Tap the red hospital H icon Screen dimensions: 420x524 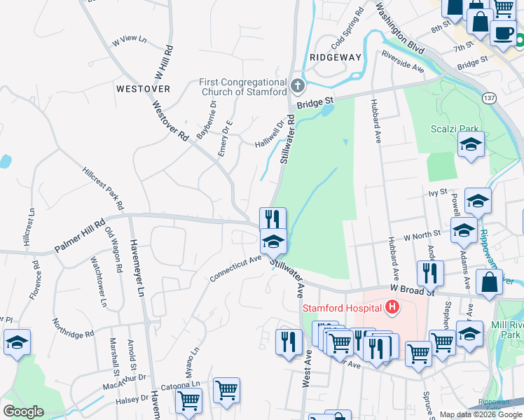(x=392, y=307)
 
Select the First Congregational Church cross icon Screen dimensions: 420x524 (x=298, y=86)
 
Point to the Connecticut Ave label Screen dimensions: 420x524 (x=235, y=269)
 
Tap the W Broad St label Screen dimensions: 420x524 (x=412, y=290)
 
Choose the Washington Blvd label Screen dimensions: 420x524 (x=399, y=31)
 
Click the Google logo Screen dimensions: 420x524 (x=23, y=412)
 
